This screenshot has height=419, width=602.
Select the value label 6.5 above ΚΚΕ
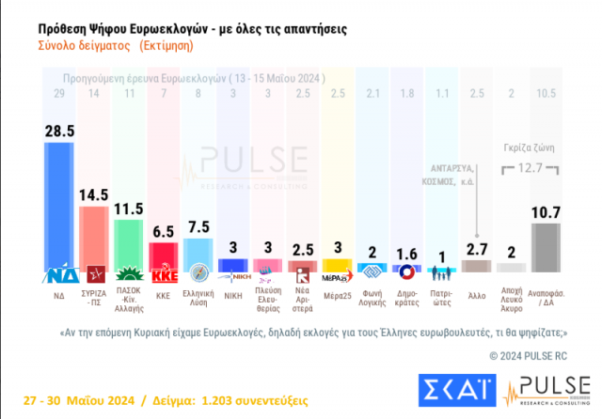164,232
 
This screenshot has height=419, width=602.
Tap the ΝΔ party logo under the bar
62,276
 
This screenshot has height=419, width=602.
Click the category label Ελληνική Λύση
200,299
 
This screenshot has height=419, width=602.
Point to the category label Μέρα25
338,294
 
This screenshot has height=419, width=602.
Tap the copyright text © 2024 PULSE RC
528,355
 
